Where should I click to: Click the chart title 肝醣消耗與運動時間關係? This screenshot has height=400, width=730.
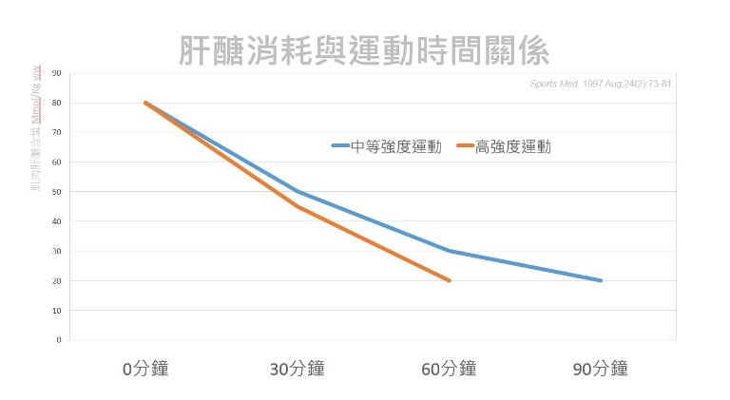[364, 49]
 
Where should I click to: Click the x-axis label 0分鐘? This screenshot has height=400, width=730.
[145, 369]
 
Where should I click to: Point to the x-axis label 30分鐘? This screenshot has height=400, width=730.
[297, 369]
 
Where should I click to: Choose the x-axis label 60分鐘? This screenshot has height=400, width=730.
[449, 369]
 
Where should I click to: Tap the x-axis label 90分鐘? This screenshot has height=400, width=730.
[601, 369]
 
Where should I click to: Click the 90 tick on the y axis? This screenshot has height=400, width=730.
[57, 73]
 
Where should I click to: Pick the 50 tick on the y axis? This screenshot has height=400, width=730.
[57, 192]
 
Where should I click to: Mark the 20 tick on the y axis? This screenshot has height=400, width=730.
[57, 281]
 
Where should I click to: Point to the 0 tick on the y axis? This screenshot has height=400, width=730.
[59, 339]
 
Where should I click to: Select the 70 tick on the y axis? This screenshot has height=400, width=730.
[57, 132]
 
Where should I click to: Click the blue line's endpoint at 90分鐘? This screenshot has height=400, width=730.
[601, 280]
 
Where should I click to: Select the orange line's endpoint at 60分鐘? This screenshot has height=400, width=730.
[449, 280]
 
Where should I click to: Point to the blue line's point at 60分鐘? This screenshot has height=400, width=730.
[449, 251]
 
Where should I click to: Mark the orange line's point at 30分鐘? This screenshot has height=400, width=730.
[298, 206]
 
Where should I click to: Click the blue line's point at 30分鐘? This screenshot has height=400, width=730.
[298, 191]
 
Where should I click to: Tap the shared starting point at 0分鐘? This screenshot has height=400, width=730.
[145, 103]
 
